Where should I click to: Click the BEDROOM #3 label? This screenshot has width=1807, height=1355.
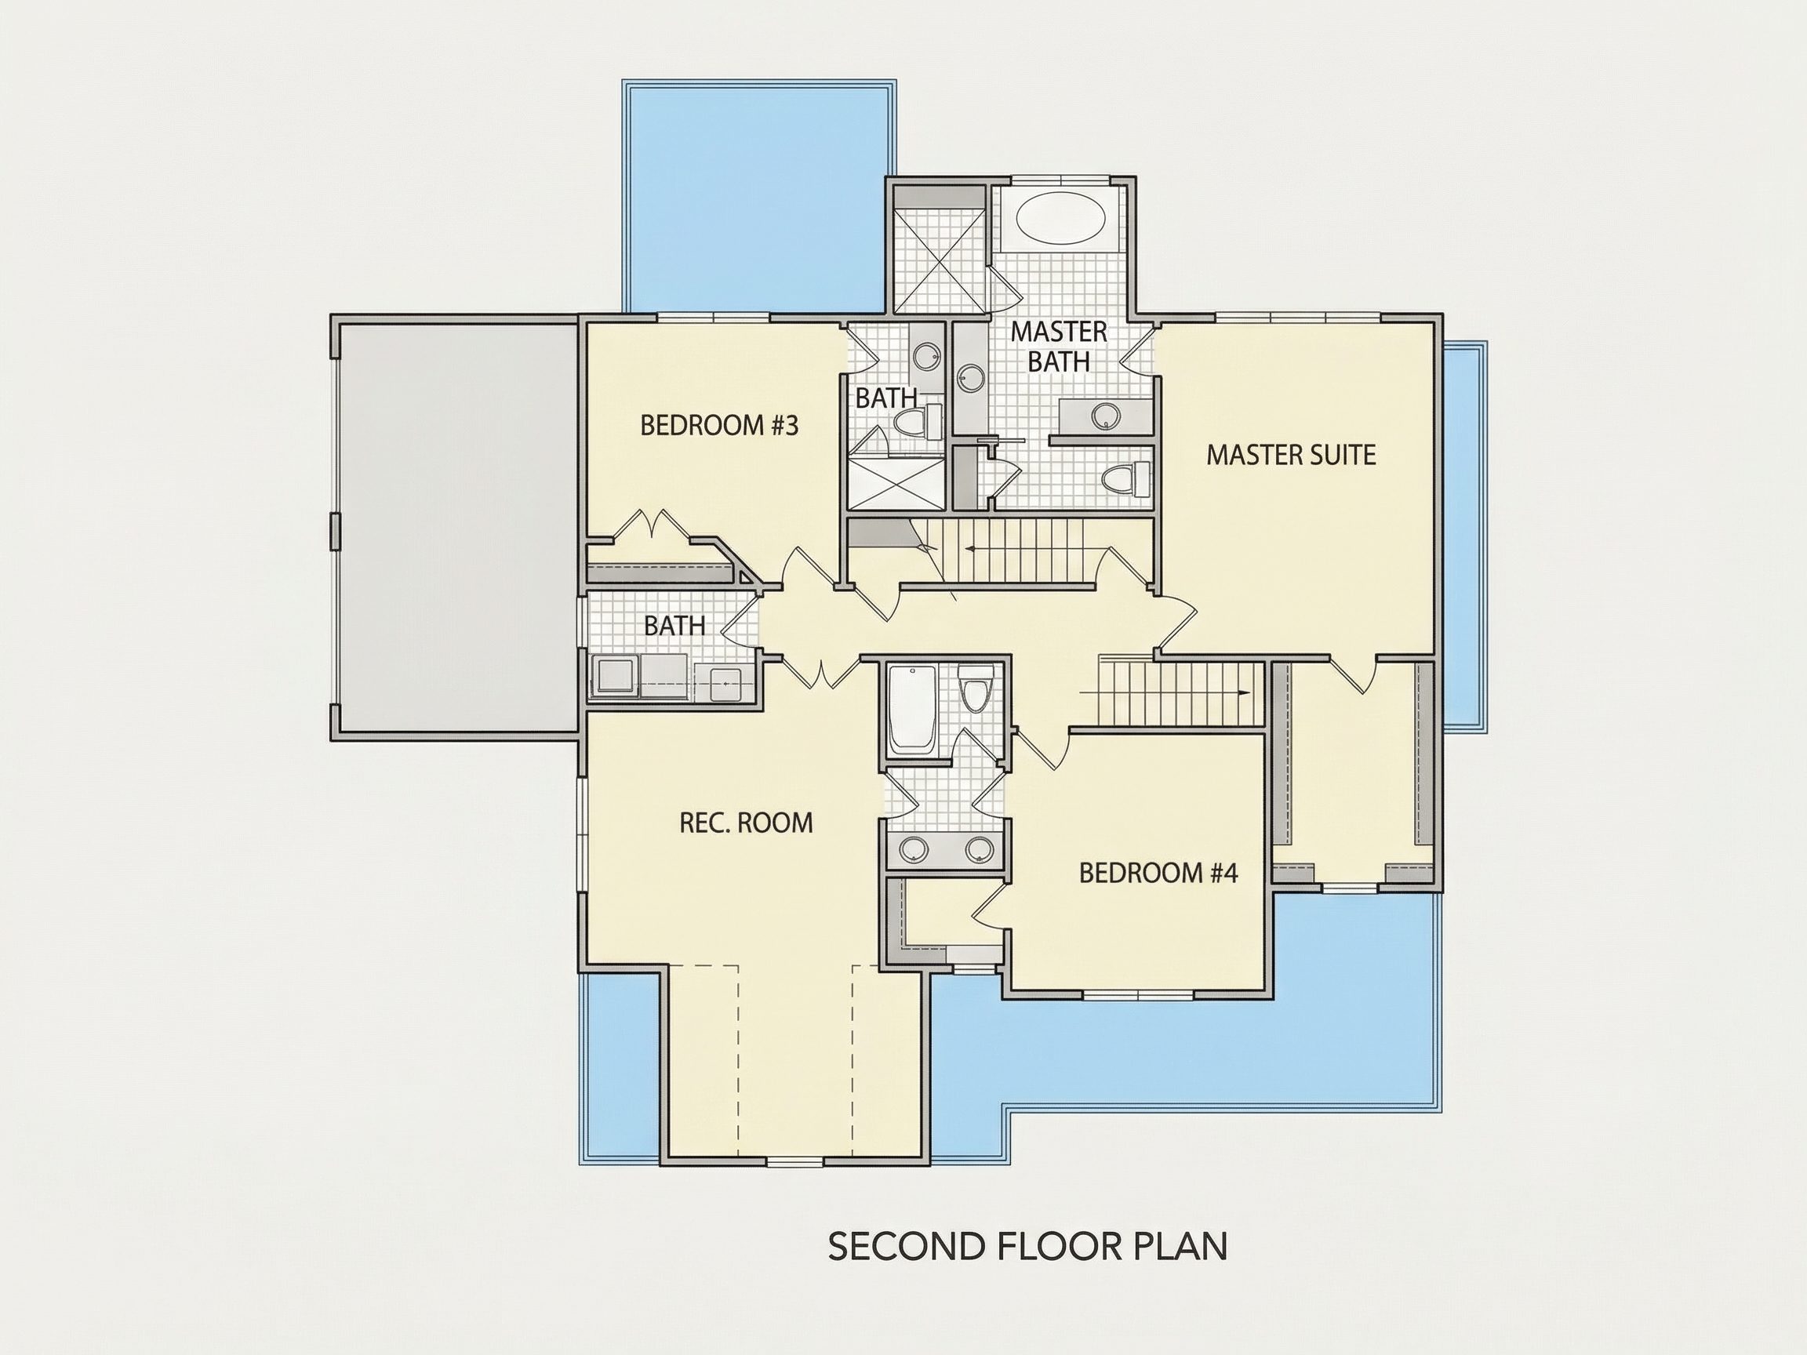tap(719, 426)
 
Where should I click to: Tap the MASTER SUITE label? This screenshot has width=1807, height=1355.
tap(1291, 455)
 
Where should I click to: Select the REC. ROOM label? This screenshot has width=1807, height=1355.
tap(746, 823)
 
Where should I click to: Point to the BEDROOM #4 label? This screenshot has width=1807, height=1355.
tap(1158, 873)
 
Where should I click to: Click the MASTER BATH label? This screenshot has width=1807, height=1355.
tap(1059, 347)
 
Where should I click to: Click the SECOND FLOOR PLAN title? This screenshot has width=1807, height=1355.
tap(1027, 1246)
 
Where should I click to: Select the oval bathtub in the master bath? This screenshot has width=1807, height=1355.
tap(1061, 217)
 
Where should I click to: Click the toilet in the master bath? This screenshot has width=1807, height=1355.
tap(1125, 476)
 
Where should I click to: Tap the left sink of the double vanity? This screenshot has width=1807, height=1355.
tap(913, 850)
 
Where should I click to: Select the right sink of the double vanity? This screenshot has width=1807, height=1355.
tap(979, 850)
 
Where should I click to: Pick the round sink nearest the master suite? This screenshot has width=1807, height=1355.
tap(1104, 416)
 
